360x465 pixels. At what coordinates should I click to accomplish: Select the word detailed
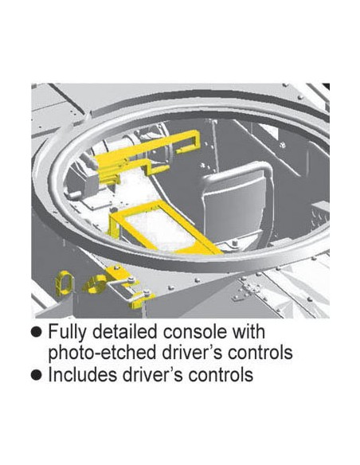124,331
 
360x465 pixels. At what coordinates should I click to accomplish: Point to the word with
248,331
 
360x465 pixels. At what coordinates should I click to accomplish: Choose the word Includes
83,374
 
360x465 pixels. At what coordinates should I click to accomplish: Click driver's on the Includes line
152,374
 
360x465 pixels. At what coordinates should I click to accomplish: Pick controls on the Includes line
221,374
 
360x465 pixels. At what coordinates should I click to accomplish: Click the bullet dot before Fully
37,332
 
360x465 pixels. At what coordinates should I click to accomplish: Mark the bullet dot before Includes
37,375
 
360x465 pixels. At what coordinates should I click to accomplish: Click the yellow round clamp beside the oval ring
96,284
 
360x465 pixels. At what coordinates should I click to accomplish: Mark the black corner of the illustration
326,86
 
